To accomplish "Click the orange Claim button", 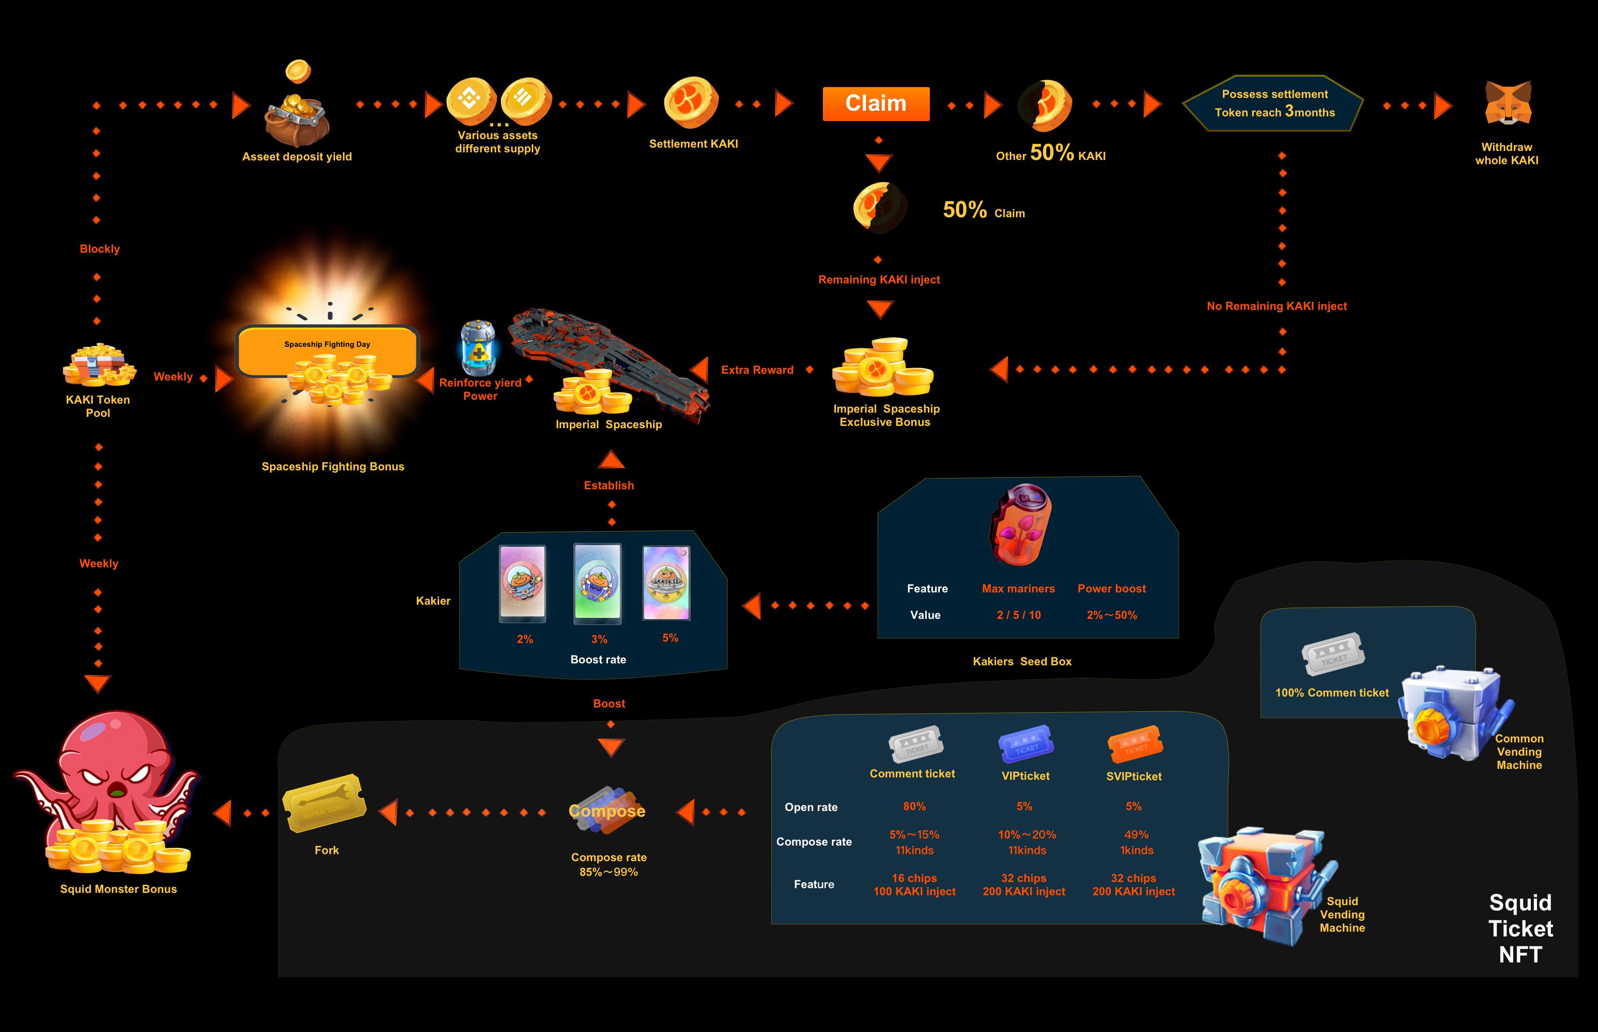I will click(x=876, y=104).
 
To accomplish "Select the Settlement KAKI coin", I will click(x=691, y=103).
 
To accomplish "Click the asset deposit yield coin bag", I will click(x=297, y=117).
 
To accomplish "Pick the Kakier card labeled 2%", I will click(x=522, y=582).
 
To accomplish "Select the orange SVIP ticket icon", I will click(x=1135, y=743).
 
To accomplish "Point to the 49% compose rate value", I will click(x=1136, y=834).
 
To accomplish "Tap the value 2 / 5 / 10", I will click(x=1018, y=615).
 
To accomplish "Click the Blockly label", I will click(x=100, y=248).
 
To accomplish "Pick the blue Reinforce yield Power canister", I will click(x=478, y=348).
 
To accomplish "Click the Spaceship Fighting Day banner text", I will click(x=327, y=344).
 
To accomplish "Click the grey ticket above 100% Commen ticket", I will click(x=1333, y=653).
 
